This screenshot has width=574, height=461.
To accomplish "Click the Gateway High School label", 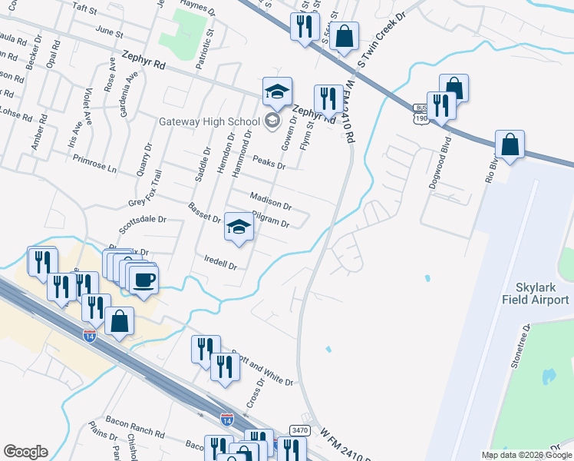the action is (209, 121).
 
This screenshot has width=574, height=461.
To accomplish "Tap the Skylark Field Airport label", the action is (536, 293).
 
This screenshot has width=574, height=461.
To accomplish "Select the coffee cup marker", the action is (143, 280).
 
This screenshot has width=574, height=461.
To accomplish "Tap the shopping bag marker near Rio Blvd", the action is (510, 145).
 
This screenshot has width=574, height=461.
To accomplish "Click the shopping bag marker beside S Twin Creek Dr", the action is (345, 35).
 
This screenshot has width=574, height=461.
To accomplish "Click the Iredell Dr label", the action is (221, 262).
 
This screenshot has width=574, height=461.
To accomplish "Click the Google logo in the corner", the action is (25, 452).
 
